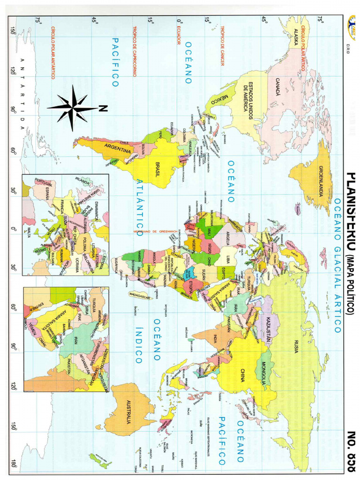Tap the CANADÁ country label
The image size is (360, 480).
coord(277,87)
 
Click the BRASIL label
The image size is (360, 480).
coord(158,167)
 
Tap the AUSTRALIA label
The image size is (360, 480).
coord(128,412)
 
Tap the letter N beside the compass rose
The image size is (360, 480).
coord(104,108)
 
